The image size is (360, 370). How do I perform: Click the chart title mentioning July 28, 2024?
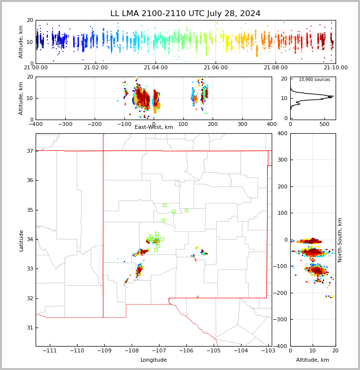pyautogui.click(x=185, y=14)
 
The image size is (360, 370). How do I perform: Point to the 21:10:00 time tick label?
pyautogui.click(x=336, y=67)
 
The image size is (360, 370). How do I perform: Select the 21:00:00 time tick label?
pyautogui.click(x=36, y=67)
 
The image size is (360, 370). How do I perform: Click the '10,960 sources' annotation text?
pyautogui.click(x=314, y=80)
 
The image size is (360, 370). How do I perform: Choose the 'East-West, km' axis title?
pyautogui.click(x=154, y=127)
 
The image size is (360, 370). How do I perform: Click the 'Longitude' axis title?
pyautogui.click(x=154, y=360)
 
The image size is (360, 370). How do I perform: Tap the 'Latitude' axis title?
pyautogui.click(x=21, y=240)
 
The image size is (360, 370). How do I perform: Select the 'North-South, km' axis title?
pyautogui.click(x=340, y=240)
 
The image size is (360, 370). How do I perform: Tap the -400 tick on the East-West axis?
pyautogui.click(x=36, y=123)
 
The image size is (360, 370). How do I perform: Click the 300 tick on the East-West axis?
pyautogui.click(x=242, y=123)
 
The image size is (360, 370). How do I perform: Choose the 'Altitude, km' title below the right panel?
pyautogui.click(x=313, y=360)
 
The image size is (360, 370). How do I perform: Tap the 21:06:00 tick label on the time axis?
pyautogui.click(x=215, y=67)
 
